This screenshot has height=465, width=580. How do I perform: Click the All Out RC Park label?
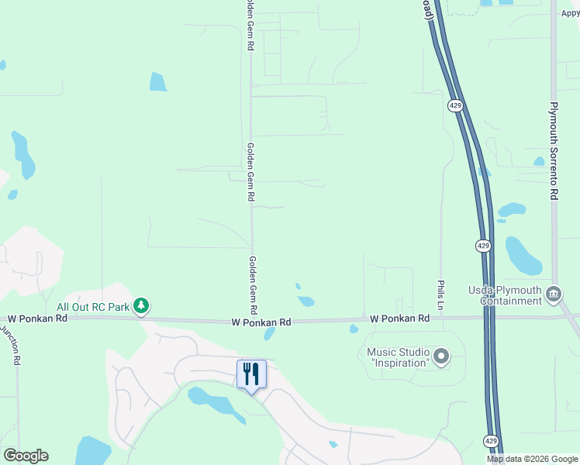coord(93,307)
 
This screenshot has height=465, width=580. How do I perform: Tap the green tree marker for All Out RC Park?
coord(141,306)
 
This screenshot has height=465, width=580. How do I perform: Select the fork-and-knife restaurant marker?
coord(251,374)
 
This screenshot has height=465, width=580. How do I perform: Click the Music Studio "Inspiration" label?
coord(399,357)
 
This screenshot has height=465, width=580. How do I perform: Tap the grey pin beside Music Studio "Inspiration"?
coord(441,357)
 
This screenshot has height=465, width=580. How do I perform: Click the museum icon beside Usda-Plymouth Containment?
coord(554,294)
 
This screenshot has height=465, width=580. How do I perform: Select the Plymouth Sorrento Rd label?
coord(554,151)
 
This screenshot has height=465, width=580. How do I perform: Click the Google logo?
coord(26,456)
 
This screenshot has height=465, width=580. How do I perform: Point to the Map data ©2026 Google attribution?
coord(532,459)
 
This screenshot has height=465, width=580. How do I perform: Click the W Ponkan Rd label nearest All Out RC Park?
coord(37,318)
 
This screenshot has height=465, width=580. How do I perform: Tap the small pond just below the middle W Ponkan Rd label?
coord(269,334)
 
